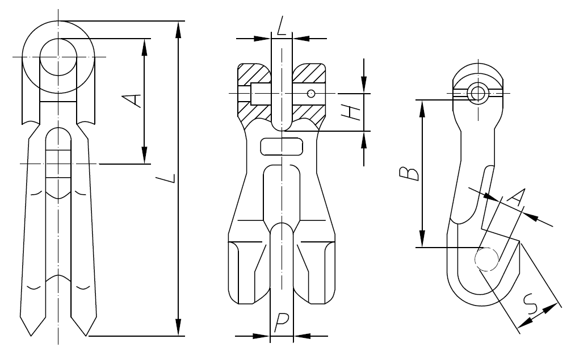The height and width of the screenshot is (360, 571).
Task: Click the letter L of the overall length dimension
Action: [166, 178]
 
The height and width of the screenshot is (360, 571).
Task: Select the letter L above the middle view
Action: [282, 26]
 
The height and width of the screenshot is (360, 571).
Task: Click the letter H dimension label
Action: [352, 112]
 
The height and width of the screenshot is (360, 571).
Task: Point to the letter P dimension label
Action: [281, 323]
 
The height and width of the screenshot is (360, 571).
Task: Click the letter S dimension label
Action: [530, 304]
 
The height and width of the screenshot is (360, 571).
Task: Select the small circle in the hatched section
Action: [310, 94]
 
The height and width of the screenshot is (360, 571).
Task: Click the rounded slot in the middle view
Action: [282, 146]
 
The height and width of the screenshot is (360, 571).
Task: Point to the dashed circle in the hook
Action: [486, 259]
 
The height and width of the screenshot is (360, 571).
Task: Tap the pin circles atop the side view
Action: [477, 93]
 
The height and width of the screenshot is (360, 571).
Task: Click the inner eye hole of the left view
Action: [58, 57]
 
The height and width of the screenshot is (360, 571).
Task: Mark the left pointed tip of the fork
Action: [31, 336]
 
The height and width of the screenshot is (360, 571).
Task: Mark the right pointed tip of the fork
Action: [86, 336]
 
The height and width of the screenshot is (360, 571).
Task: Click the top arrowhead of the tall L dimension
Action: [178, 29]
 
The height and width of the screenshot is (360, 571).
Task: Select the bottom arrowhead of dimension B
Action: [422, 239]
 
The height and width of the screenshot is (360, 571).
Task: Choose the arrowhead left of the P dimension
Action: [261, 336]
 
